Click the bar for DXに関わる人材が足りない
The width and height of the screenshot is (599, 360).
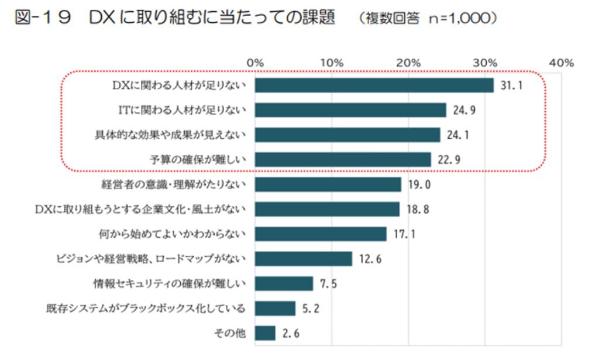[x=374, y=85]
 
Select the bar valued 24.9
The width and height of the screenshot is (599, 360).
[x=351, y=110]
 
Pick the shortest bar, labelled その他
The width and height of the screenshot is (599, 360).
[x=265, y=333]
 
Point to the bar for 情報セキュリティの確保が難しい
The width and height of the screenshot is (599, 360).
[x=284, y=284]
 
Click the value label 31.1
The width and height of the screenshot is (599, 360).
[x=511, y=86]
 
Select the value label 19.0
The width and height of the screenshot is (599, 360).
[x=420, y=185]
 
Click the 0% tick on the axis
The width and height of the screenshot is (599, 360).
[x=255, y=63]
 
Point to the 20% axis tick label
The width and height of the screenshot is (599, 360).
[x=408, y=63]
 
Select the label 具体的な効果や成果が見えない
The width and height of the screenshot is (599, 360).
[x=170, y=135]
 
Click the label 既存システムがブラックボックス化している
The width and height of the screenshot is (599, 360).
[x=146, y=308]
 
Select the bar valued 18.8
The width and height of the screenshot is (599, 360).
[x=328, y=210]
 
